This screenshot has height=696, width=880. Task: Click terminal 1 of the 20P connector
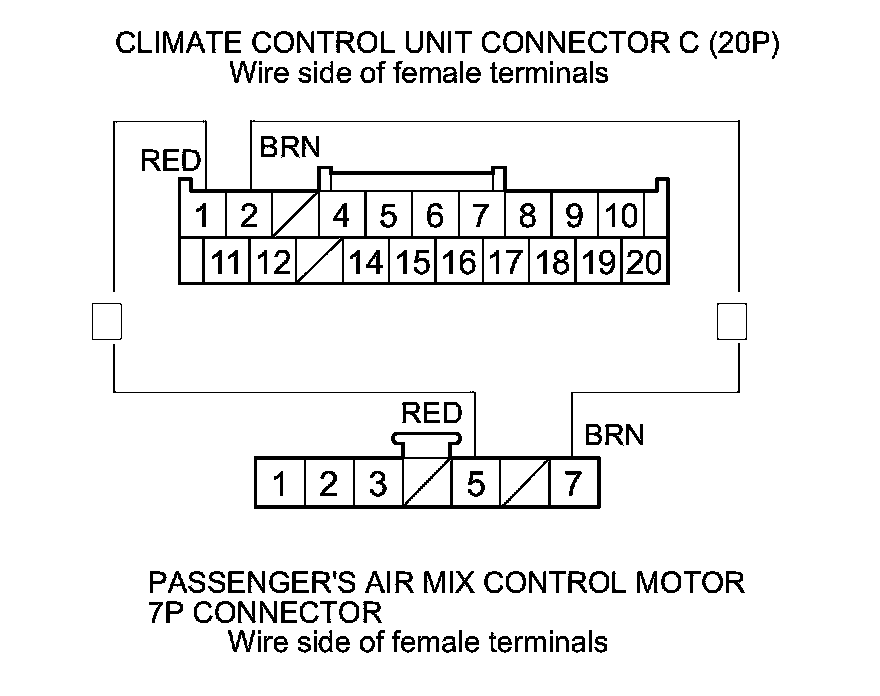[203, 215]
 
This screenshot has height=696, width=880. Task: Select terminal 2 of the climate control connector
[249, 215]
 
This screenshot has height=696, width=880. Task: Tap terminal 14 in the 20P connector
[366, 262]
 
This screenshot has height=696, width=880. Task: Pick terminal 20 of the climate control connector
[645, 262]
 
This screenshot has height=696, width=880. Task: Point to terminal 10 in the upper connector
[622, 215]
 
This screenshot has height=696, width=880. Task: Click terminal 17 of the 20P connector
[506, 262]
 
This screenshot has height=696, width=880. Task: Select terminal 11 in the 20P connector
[227, 262]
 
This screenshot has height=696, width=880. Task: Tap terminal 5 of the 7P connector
[476, 484]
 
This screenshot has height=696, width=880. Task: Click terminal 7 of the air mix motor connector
[573, 484]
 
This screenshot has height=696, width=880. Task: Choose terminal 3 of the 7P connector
[378, 484]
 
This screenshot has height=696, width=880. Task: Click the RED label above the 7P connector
[431, 413]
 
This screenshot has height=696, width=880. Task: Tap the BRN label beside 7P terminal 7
[614, 435]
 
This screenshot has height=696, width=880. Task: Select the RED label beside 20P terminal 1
[171, 161]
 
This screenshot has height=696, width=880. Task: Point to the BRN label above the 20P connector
[290, 148]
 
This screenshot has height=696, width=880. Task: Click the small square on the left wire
[106, 321]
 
